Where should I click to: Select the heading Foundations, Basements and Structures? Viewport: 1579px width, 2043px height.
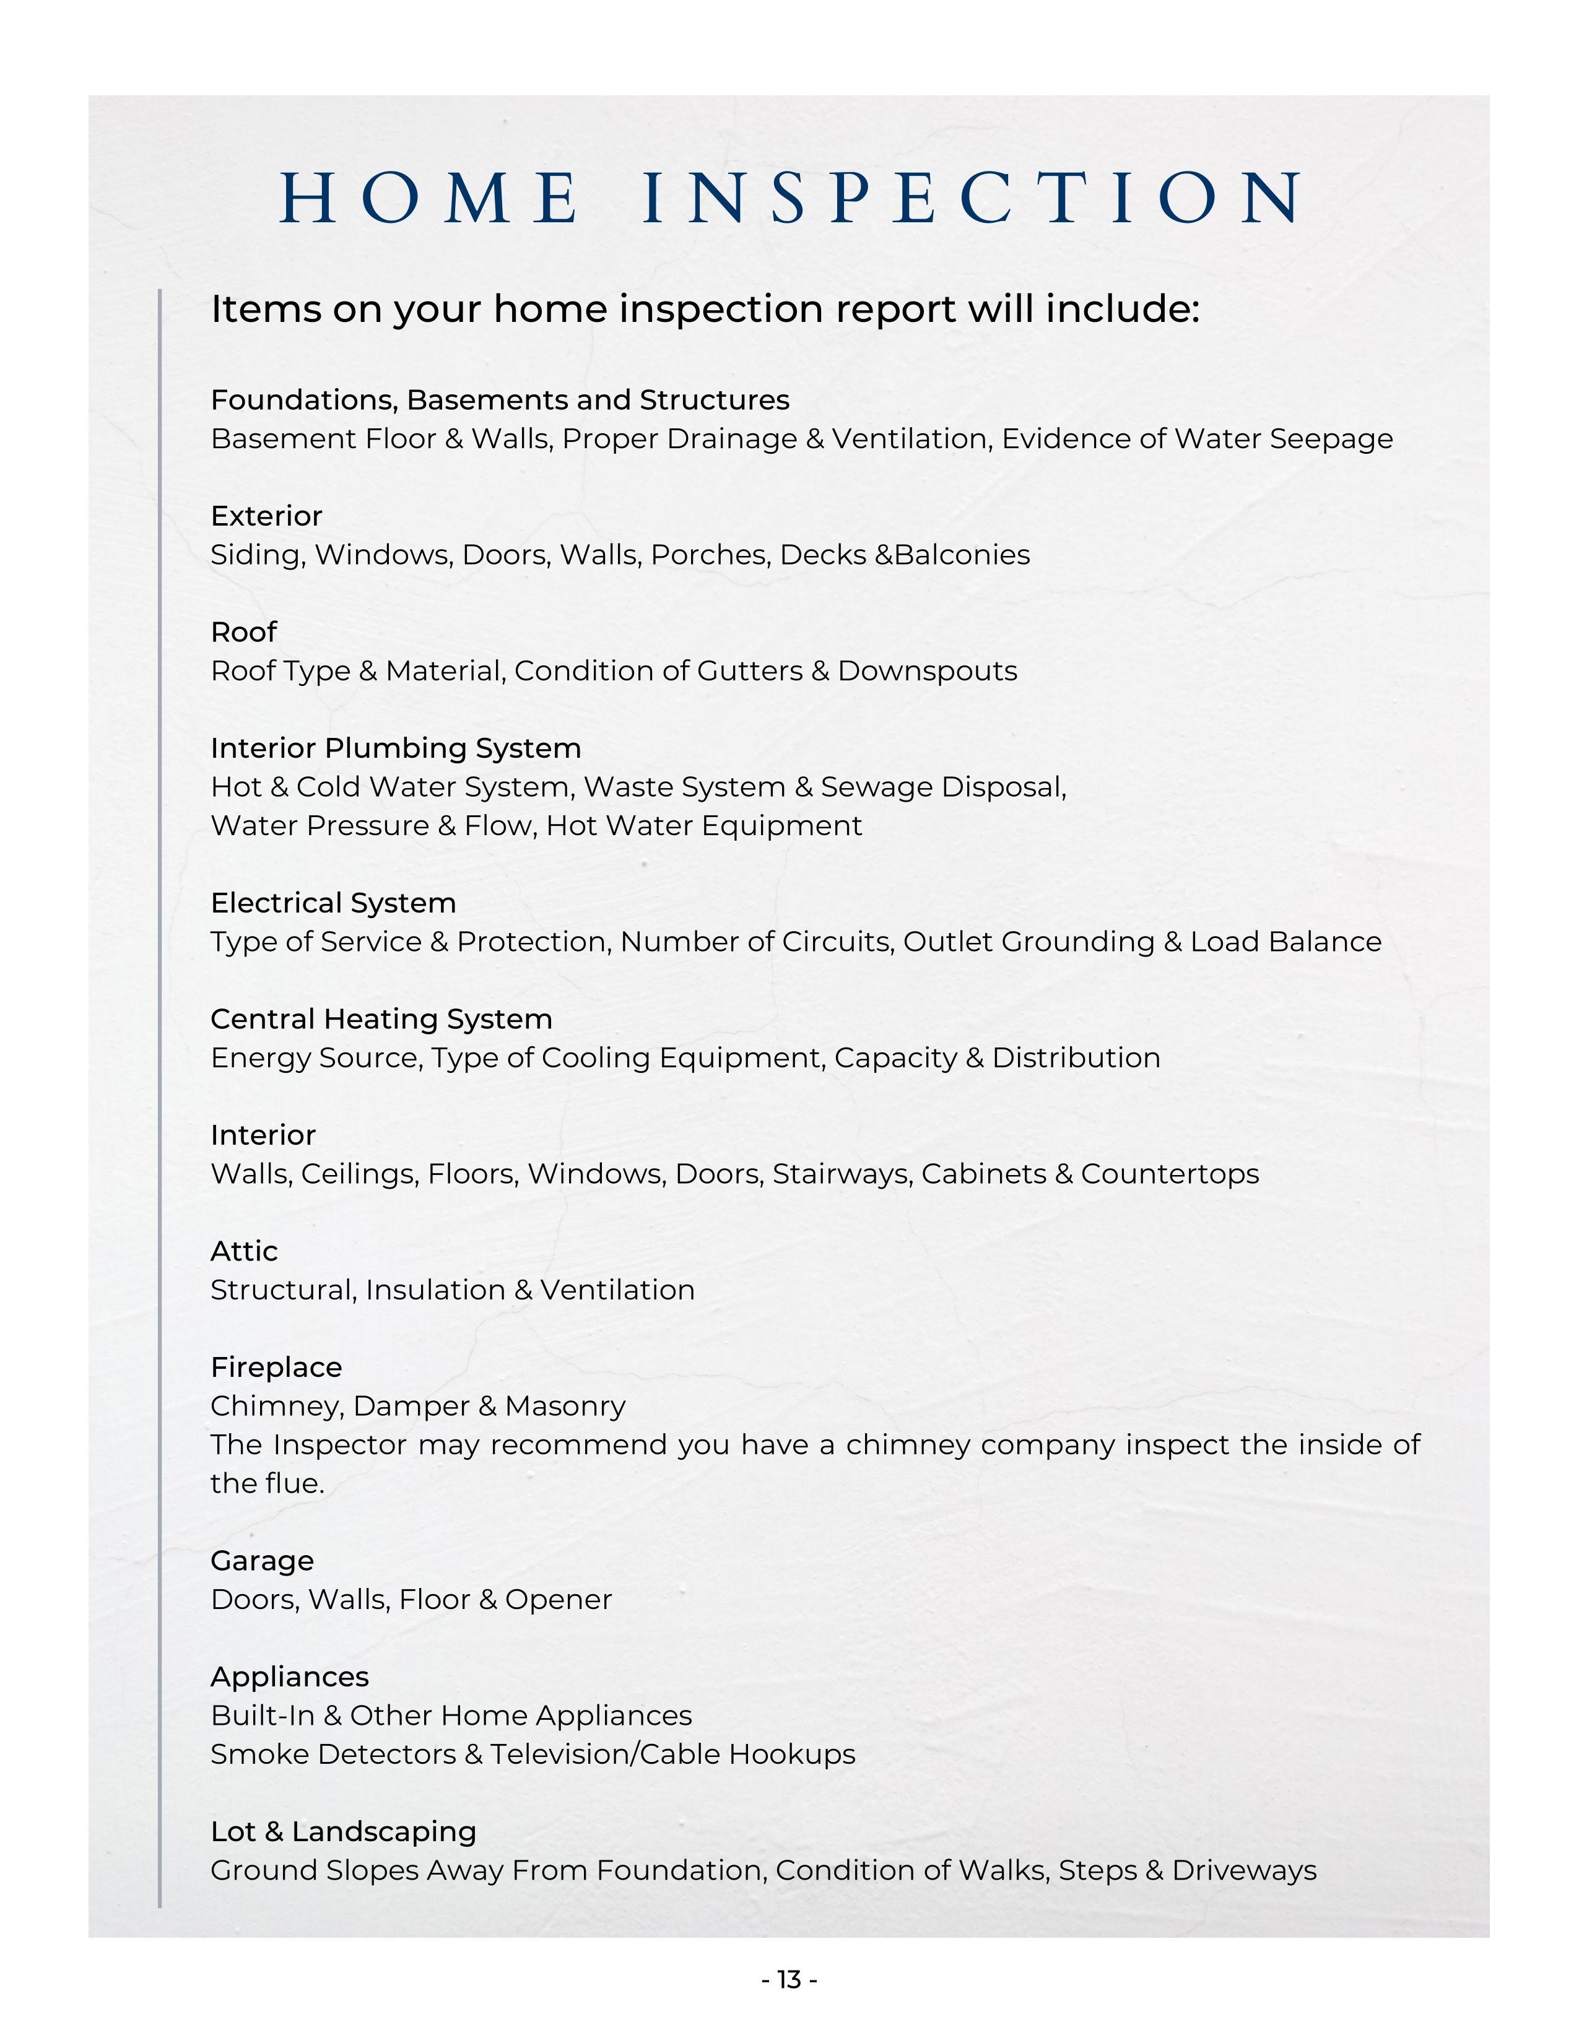pos(500,401)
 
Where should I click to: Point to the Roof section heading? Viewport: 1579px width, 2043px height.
pos(243,632)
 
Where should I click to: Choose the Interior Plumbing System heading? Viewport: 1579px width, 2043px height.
pos(396,748)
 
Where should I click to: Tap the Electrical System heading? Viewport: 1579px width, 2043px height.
pos(333,903)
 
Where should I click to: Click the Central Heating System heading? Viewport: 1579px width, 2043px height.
pos(381,1018)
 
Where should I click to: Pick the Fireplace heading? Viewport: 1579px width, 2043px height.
pos(276,1367)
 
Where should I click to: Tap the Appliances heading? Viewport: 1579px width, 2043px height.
pos(289,1676)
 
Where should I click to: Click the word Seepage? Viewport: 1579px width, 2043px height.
pos(1330,440)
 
